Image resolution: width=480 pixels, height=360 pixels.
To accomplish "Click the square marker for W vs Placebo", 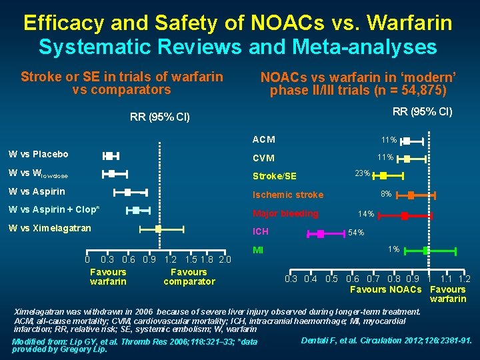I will pyautogui.click(x=109, y=155).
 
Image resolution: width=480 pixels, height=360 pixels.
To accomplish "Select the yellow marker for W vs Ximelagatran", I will pyautogui.click(x=158, y=228).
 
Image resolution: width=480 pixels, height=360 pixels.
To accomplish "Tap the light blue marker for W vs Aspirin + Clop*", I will pyautogui.click(x=136, y=210).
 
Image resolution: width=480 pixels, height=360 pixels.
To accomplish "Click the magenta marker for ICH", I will pyautogui.click(x=321, y=233).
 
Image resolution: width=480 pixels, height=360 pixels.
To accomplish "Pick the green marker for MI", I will pyautogui.click(x=427, y=251).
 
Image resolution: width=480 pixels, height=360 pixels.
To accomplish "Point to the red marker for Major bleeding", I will pyautogui.click(x=405, y=215).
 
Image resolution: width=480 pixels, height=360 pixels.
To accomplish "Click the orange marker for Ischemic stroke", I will pyautogui.click(x=411, y=195).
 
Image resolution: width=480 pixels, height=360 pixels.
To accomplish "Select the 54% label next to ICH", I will pyautogui.click(x=356, y=233).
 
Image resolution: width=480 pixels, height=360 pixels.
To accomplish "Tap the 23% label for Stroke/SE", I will pyautogui.click(x=363, y=173).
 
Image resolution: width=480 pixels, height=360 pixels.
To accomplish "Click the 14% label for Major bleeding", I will pyautogui.click(x=366, y=215).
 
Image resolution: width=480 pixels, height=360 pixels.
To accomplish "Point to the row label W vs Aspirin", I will pyautogui.click(x=37, y=192).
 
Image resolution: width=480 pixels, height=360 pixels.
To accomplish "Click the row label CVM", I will pyautogui.click(x=263, y=159).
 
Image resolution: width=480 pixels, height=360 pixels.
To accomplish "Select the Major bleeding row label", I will pyautogui.click(x=285, y=214).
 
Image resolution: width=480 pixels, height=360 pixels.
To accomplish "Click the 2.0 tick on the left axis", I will pyautogui.click(x=225, y=259).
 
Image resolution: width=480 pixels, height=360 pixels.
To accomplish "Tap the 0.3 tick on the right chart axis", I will pyautogui.click(x=291, y=279).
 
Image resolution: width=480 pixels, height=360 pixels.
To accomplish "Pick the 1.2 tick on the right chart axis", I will pyautogui.click(x=464, y=279).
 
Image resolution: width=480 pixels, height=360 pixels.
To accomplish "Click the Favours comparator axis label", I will pyautogui.click(x=189, y=277).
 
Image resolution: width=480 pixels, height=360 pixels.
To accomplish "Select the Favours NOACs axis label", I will pyautogui.click(x=386, y=289).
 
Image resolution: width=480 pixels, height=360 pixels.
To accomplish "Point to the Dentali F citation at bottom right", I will pyautogui.click(x=387, y=340).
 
